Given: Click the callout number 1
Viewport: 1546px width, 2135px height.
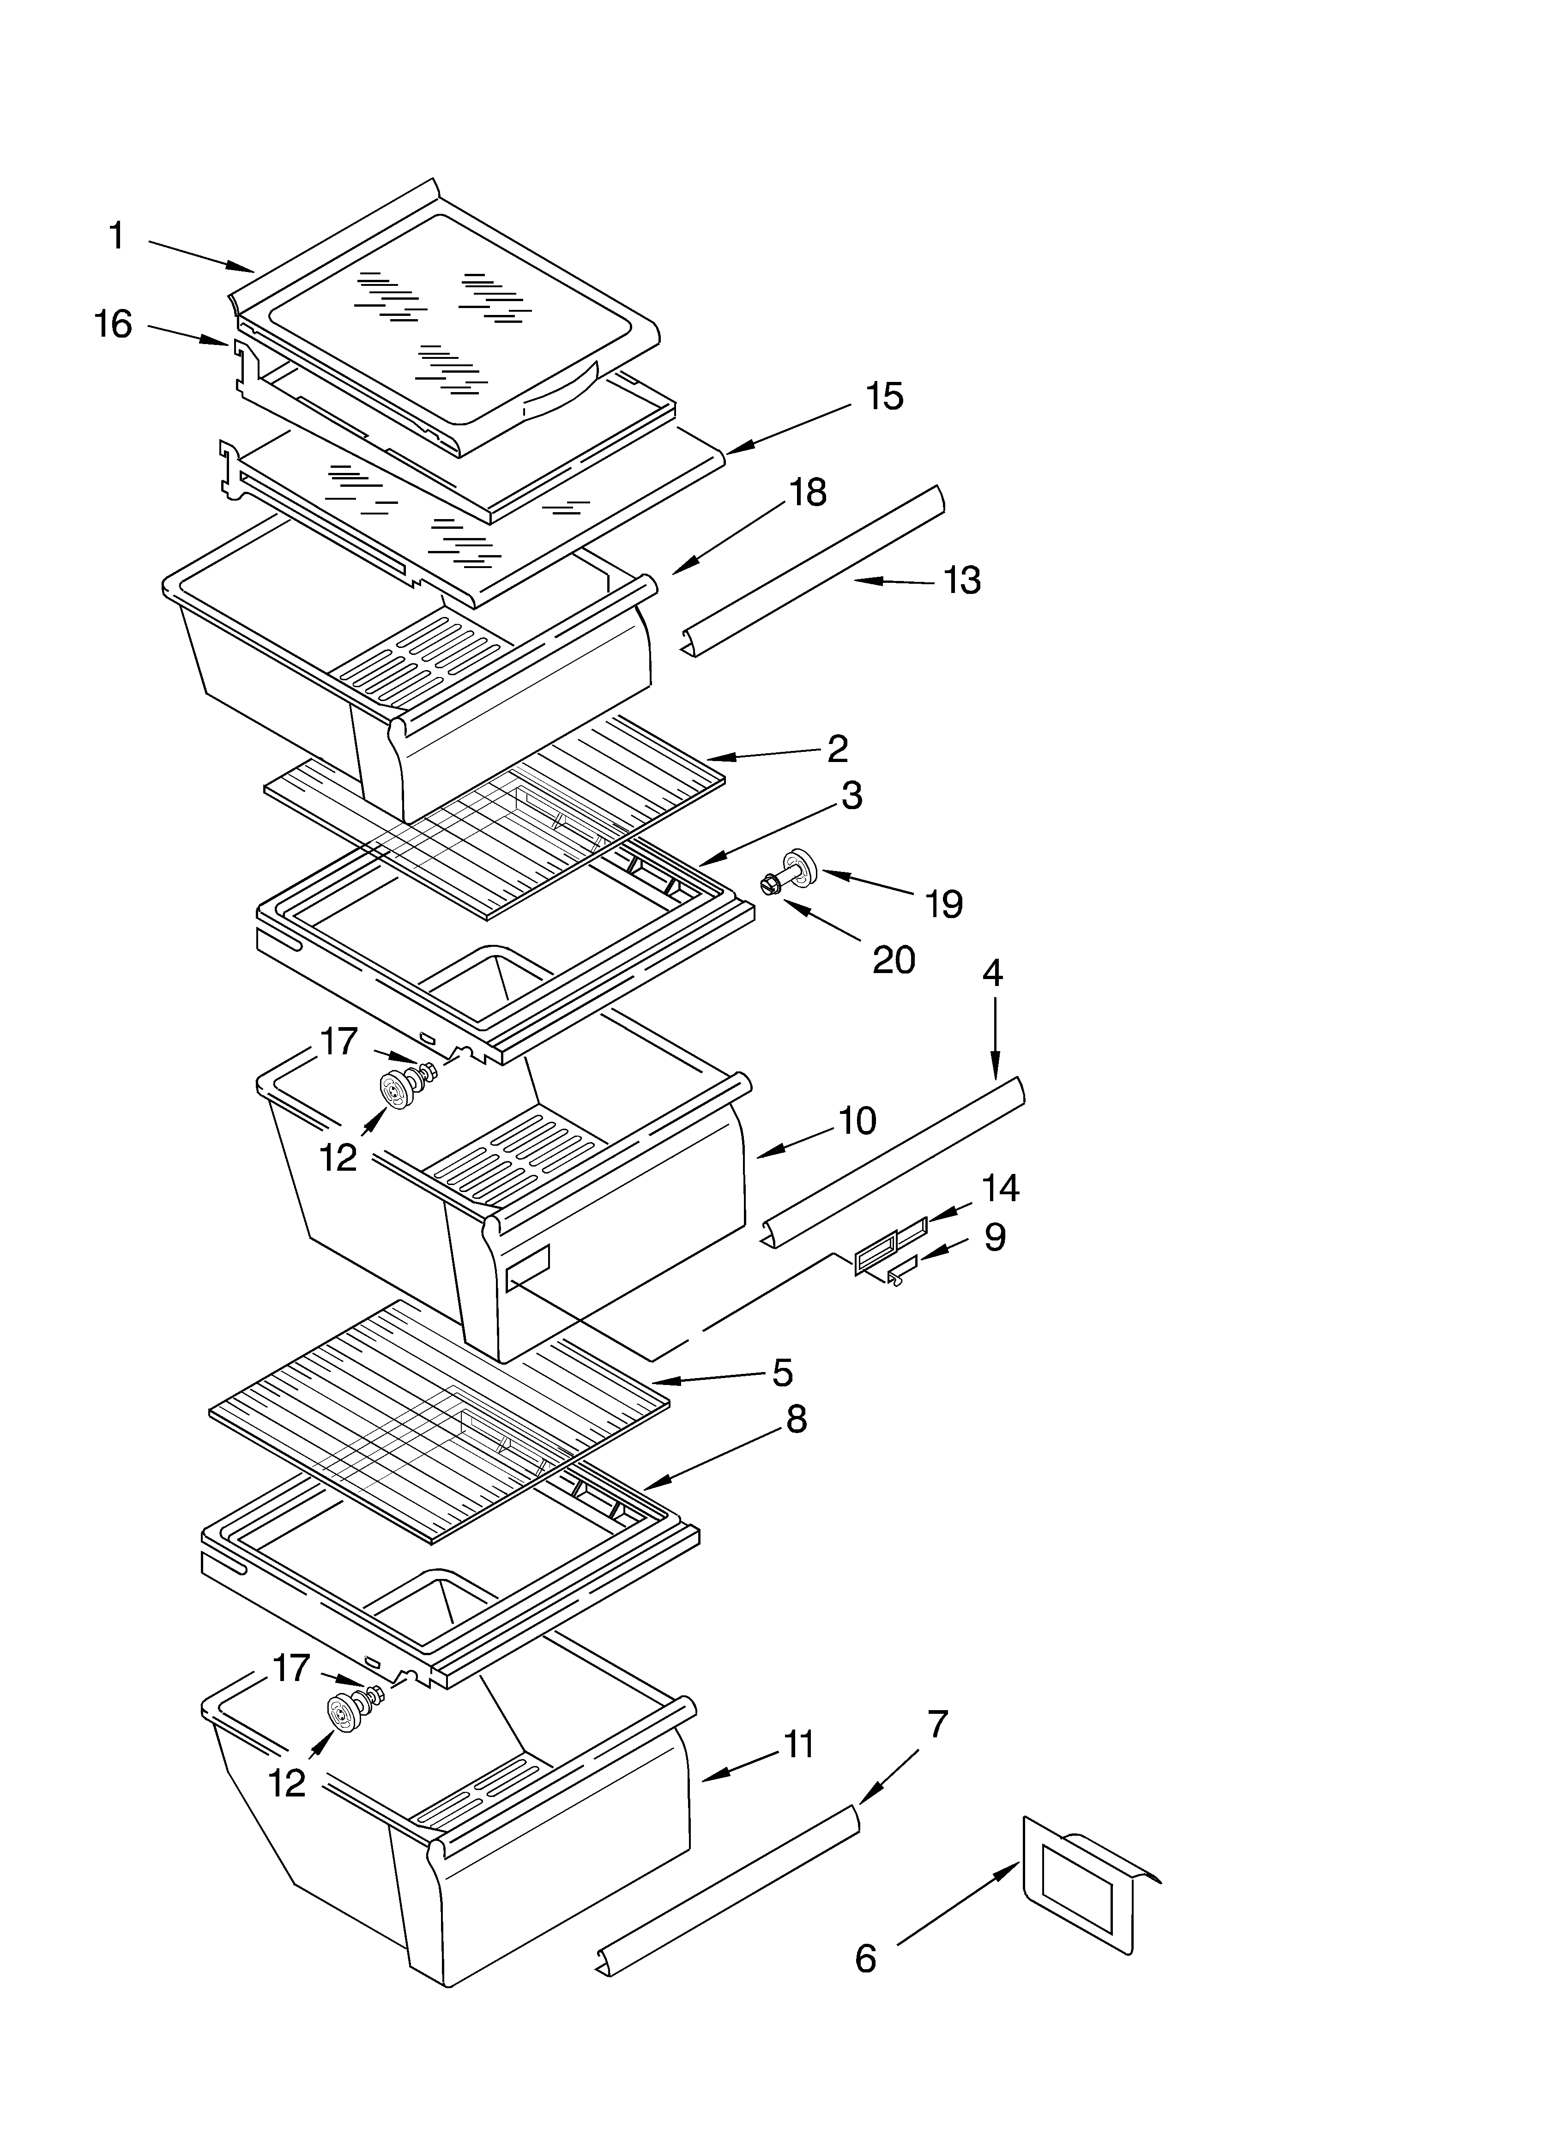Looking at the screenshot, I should pyautogui.click(x=117, y=236).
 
